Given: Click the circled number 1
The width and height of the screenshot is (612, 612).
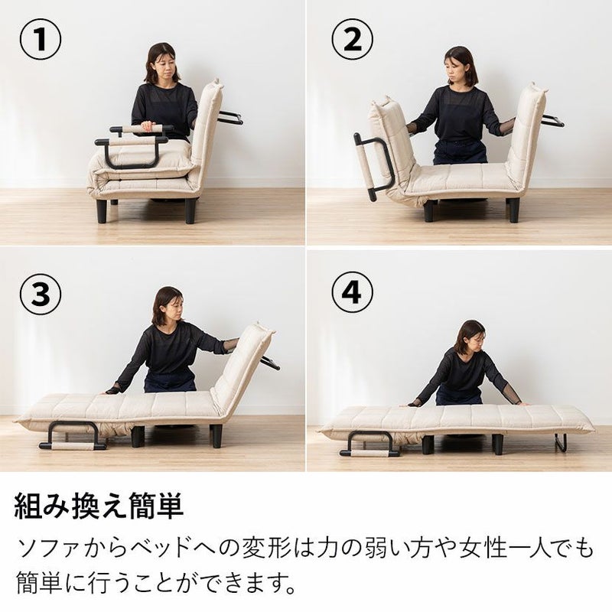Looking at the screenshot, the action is [41, 39].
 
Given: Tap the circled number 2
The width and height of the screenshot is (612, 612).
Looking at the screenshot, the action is [353, 39].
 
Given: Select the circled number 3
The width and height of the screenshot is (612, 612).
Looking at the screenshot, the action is [41, 293].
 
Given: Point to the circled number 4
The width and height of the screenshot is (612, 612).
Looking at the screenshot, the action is [353, 292].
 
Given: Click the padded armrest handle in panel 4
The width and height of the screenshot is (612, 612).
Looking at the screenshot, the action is [369, 453].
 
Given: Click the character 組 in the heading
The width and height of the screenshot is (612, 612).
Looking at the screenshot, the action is [29, 506].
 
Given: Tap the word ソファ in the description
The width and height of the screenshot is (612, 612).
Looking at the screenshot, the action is [47, 549].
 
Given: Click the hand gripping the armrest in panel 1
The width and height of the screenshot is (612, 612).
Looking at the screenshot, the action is [148, 125].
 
